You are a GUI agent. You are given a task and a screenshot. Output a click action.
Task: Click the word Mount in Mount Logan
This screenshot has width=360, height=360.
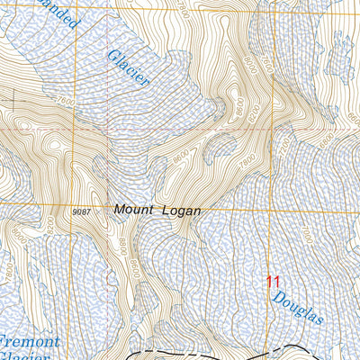coord(133,210)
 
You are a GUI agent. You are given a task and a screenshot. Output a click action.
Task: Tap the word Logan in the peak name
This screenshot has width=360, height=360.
coord(180,210)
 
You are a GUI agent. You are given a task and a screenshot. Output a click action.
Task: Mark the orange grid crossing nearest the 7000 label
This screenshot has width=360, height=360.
coord(271,207)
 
